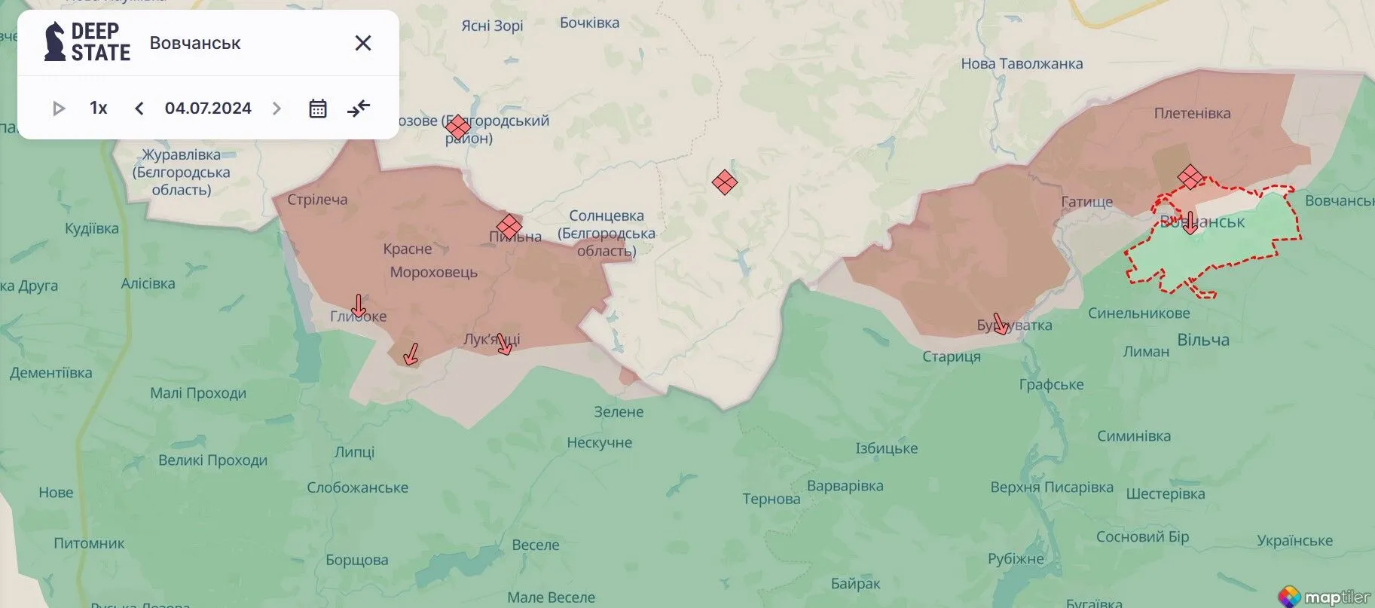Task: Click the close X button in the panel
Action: (x=362, y=43)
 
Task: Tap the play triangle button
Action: (x=58, y=108)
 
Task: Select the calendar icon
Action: (x=317, y=108)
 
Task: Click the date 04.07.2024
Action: (x=208, y=108)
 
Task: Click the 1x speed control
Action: (x=98, y=108)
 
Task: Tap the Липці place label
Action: (x=354, y=452)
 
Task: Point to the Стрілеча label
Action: (x=317, y=200)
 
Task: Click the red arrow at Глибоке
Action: (x=359, y=306)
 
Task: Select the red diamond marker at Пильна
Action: (x=509, y=225)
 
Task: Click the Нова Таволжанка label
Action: (x=1022, y=64)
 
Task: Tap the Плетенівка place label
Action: (x=1192, y=114)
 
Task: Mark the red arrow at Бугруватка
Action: (x=1000, y=324)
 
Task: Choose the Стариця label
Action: (x=952, y=357)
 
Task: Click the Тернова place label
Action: (x=771, y=499)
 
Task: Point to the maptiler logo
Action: (x=1325, y=596)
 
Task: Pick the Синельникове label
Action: (x=1138, y=313)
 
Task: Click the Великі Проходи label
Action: (x=212, y=460)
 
